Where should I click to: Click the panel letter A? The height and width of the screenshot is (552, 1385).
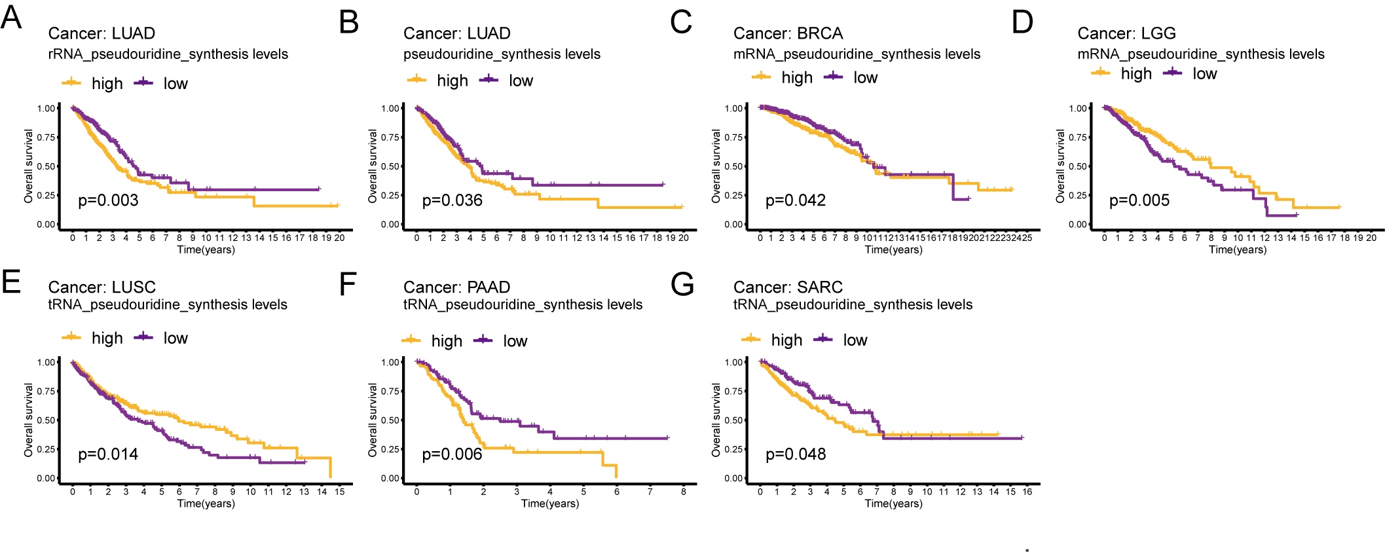click(11, 18)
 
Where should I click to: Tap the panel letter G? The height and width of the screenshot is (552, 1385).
click(682, 284)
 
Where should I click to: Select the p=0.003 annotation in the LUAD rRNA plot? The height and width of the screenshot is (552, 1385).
click(108, 200)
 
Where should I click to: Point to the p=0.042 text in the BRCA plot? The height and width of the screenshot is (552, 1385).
click(796, 200)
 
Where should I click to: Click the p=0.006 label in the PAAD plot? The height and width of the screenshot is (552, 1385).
click(452, 454)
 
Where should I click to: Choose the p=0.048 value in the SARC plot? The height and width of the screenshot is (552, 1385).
click(796, 454)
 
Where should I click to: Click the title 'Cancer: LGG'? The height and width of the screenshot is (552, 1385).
click(1126, 33)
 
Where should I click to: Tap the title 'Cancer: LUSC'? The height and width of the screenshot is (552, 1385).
click(102, 287)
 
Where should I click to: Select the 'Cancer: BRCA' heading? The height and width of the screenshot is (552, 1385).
click(788, 33)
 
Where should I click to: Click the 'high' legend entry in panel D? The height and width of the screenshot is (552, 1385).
click(1136, 74)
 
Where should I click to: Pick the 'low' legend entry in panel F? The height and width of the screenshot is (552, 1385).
click(515, 341)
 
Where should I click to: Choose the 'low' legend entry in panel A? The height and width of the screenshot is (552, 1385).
click(175, 84)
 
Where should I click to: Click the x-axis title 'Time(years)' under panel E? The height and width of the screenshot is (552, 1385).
click(206, 504)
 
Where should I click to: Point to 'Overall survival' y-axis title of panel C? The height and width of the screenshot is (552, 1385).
click(716, 166)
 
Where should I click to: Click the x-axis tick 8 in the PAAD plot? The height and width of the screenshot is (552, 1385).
click(683, 492)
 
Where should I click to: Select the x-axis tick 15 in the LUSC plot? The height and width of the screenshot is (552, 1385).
click(339, 492)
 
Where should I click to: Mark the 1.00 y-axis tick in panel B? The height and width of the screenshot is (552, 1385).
click(390, 109)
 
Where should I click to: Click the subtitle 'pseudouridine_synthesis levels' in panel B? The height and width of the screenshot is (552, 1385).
click(502, 54)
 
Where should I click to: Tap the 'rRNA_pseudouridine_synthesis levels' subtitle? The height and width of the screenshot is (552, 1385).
click(168, 54)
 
